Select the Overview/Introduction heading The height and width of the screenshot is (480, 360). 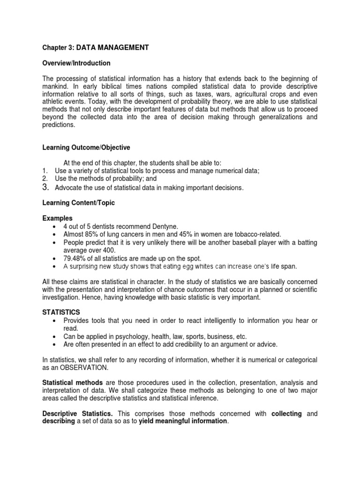point(76,63)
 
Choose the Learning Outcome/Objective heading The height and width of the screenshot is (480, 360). point(86,148)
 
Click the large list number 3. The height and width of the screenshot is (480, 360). point(46,187)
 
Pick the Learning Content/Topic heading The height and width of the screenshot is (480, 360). point(78,203)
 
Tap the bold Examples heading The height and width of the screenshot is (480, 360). point(57,218)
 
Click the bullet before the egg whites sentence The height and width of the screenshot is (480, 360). point(56,266)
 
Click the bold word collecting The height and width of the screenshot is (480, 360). point(287,413)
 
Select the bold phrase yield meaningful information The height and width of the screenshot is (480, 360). point(183,421)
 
